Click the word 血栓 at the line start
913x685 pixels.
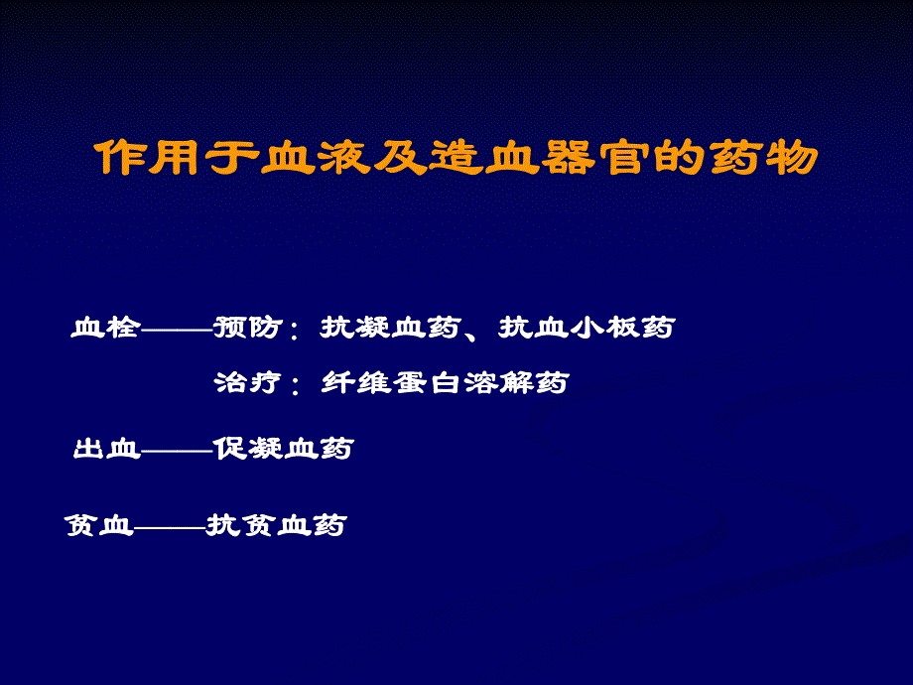105,328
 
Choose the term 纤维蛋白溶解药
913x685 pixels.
446,382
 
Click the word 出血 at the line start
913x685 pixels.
107,449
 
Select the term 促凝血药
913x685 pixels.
283,449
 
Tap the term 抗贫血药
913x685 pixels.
276,526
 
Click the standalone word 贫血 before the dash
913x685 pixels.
98,526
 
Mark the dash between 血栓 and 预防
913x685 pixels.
177,330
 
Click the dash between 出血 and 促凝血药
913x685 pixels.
177,451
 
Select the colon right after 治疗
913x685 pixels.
295,384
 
